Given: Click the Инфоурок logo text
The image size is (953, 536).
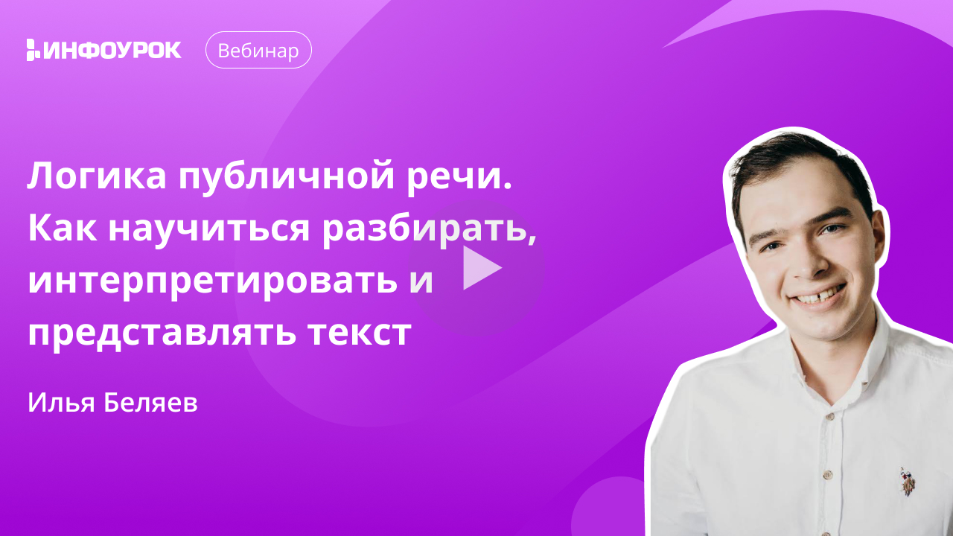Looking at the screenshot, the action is tap(112, 50).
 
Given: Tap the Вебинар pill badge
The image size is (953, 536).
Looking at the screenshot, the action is tap(258, 50).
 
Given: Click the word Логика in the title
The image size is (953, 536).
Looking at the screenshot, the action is tap(97, 176).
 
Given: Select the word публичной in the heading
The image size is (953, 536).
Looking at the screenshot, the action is tap(287, 178).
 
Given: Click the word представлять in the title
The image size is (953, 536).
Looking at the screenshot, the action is tap(162, 334).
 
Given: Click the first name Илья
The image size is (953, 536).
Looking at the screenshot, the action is tap(61, 403).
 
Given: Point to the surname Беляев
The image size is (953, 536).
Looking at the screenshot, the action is tap(150, 403).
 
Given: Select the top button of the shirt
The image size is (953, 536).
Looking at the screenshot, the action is tap(829, 415).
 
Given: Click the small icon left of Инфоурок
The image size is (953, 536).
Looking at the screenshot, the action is tap(33, 50).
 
